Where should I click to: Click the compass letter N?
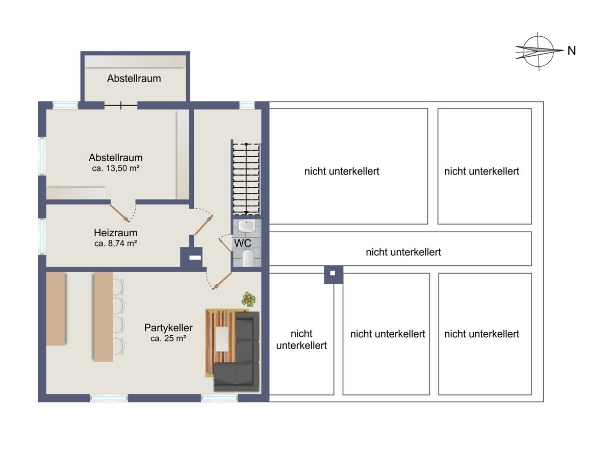tap(571, 51)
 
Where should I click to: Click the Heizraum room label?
tap(115, 233)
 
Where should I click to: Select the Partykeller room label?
tap(168, 328)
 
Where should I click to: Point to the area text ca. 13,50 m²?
tap(116, 168)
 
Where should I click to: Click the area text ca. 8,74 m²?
tap(115, 243)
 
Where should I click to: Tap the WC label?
tap(242, 243)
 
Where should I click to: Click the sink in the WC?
tap(247, 226)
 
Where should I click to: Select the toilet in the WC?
tap(248, 258)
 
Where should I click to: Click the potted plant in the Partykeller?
tap(249, 299)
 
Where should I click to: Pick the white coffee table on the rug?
tap(222, 339)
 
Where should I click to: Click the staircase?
tap(246, 179)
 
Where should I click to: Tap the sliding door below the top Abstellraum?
tap(121, 106)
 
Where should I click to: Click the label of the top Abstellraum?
tap(134, 79)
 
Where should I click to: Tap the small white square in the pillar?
tap(333, 273)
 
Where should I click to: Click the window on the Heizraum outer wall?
tap(42, 237)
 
